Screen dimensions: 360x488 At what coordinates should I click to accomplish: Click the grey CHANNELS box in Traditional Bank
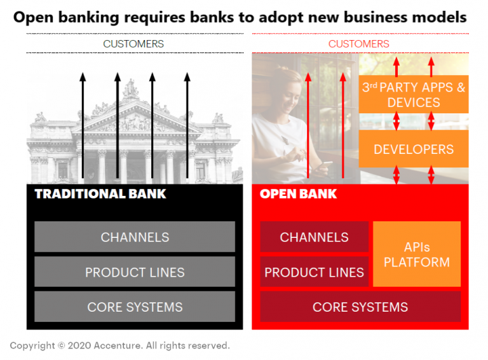pyautogui.click(x=135, y=237)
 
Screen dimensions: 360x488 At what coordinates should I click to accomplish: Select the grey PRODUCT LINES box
pyautogui.click(x=135, y=272)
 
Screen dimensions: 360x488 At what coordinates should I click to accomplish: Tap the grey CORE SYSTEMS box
pyautogui.click(x=135, y=307)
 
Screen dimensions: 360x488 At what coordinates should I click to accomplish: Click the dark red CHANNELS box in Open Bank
pyautogui.click(x=314, y=237)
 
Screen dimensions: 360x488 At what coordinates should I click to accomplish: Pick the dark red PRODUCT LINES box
pyautogui.click(x=314, y=272)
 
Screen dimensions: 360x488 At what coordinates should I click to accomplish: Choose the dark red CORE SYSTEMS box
pyautogui.click(x=360, y=307)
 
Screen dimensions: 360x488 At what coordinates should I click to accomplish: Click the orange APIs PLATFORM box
pyautogui.click(x=417, y=254)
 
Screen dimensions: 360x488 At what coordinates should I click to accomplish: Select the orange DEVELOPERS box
pyautogui.click(x=414, y=149)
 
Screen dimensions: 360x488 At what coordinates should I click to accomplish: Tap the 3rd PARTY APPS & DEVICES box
pyautogui.click(x=414, y=94)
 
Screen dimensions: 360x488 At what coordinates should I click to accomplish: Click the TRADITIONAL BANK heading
pyautogui.click(x=100, y=193)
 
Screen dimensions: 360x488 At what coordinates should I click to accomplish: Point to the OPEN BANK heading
pyautogui.click(x=298, y=193)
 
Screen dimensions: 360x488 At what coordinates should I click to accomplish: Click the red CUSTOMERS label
pyautogui.click(x=359, y=44)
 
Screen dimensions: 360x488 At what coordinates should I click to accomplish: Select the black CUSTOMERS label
pyautogui.click(x=133, y=44)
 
